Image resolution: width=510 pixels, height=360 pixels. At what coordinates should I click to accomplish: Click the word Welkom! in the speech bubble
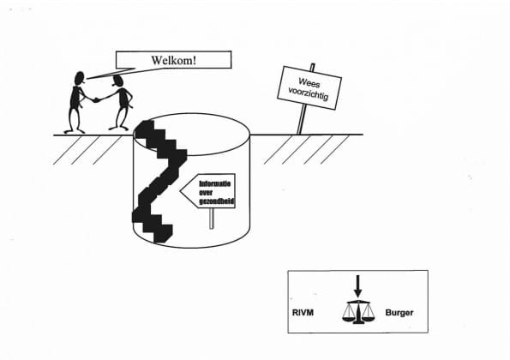point(174,60)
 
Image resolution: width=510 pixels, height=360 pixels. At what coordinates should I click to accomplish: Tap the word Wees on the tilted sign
point(309,83)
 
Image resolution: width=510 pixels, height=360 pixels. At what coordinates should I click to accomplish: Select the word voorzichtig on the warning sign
point(309,93)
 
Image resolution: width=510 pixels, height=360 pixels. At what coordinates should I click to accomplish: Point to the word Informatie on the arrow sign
point(215,183)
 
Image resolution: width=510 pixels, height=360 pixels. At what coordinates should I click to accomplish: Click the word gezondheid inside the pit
point(217,201)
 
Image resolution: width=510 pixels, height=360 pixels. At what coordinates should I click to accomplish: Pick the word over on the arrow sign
point(206,193)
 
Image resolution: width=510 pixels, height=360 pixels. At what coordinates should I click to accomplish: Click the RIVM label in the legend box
point(303,313)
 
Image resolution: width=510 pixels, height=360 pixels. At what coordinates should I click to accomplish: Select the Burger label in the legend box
point(399,313)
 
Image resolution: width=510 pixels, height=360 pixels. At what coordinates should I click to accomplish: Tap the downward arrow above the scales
point(357,286)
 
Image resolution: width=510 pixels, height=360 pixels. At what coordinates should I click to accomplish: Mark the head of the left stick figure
point(80,78)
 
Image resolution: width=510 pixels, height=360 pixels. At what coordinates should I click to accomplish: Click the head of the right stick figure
point(117,81)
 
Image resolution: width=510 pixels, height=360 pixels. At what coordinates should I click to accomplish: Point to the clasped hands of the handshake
point(96,99)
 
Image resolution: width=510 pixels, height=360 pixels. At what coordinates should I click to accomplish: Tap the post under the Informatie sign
point(212,219)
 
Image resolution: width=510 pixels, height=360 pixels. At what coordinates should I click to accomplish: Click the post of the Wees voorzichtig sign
point(303,119)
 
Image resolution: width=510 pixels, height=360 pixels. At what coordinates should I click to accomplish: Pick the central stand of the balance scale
point(358,313)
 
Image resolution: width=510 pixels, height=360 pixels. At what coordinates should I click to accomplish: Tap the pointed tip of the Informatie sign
point(181,191)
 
